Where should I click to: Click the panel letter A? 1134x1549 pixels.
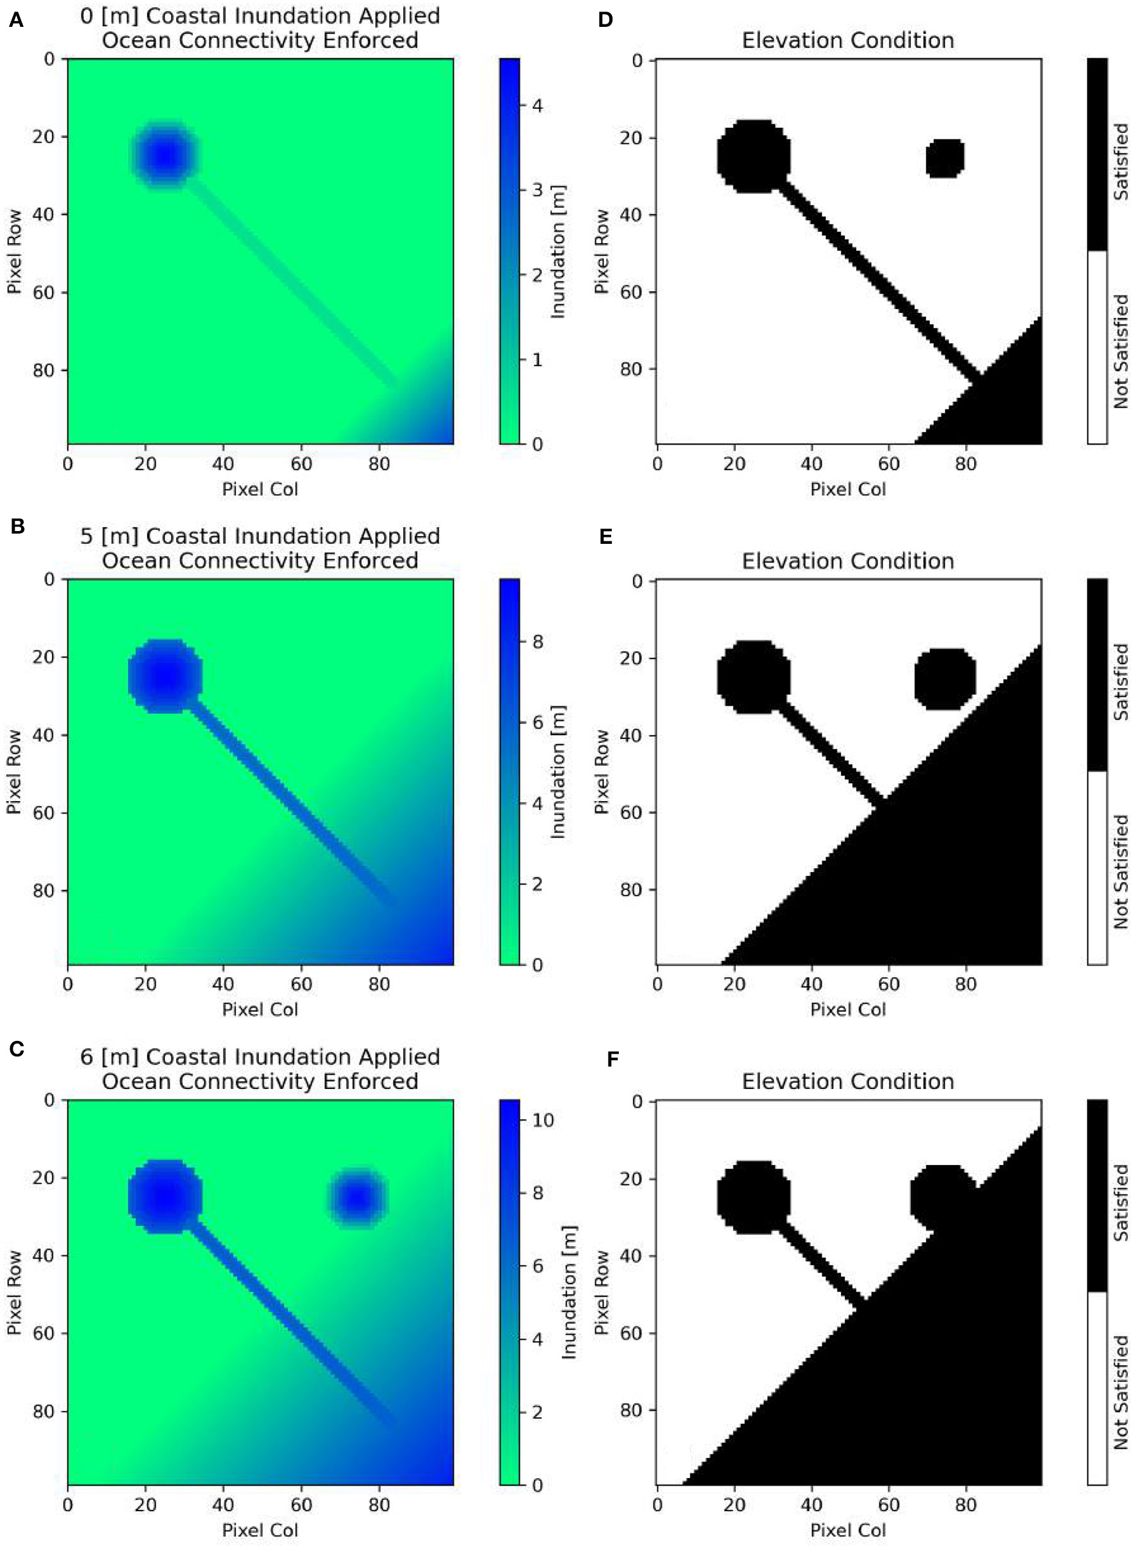tap(16, 21)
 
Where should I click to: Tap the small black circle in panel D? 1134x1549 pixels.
tap(945, 158)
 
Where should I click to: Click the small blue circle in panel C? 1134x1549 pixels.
tap(358, 1198)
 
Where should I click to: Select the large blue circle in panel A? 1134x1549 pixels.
tap(164, 155)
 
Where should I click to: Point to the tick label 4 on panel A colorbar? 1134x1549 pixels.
tap(537, 106)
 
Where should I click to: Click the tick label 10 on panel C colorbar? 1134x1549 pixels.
tap(542, 1120)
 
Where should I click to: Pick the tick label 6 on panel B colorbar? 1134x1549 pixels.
tap(537, 723)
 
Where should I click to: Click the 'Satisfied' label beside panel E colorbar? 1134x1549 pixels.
tap(1121, 681)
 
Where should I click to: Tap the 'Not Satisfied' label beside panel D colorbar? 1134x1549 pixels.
tap(1121, 351)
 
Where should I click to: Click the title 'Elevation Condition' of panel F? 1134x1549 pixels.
tap(848, 1082)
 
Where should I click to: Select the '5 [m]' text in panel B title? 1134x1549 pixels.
tap(110, 536)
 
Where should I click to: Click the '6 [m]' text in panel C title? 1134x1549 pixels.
tap(110, 1057)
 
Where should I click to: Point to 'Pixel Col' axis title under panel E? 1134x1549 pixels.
tap(848, 1010)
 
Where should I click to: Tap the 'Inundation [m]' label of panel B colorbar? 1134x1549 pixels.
tap(557, 772)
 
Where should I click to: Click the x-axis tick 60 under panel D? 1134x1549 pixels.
tap(888, 464)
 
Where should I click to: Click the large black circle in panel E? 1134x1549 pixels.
tap(754, 678)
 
